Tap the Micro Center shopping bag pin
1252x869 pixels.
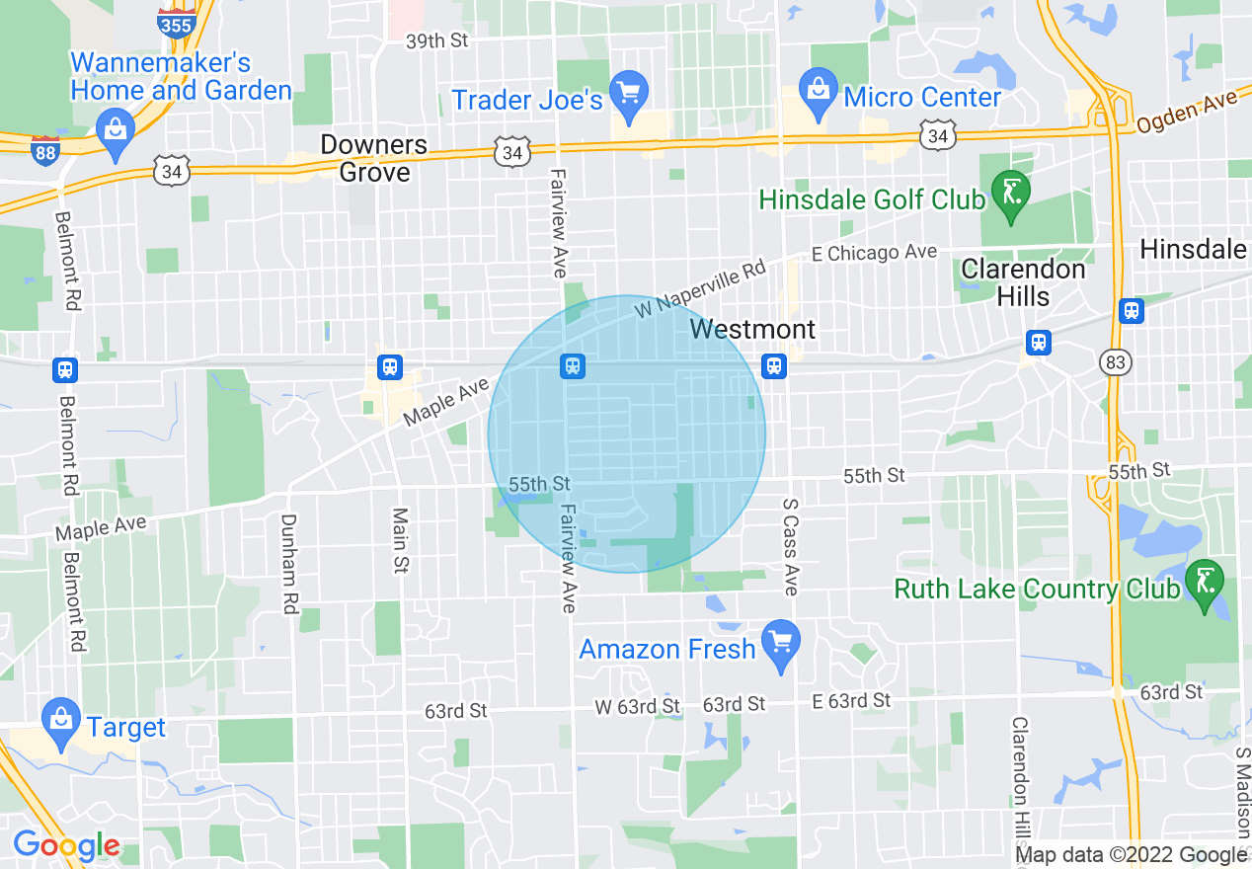(x=818, y=90)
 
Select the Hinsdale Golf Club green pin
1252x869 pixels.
(x=1011, y=193)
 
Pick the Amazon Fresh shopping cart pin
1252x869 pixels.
(x=781, y=644)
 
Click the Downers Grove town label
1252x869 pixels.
(x=374, y=158)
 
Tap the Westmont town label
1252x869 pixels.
(x=753, y=329)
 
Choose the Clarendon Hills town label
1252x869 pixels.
(x=1023, y=282)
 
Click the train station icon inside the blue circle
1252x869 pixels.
(x=572, y=366)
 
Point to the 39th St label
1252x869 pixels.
(x=436, y=41)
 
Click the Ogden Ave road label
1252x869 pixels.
(x=1186, y=112)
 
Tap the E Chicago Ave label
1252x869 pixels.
(x=873, y=253)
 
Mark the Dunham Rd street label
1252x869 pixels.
(x=289, y=564)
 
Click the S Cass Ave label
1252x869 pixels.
(x=790, y=545)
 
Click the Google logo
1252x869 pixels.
(x=66, y=846)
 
